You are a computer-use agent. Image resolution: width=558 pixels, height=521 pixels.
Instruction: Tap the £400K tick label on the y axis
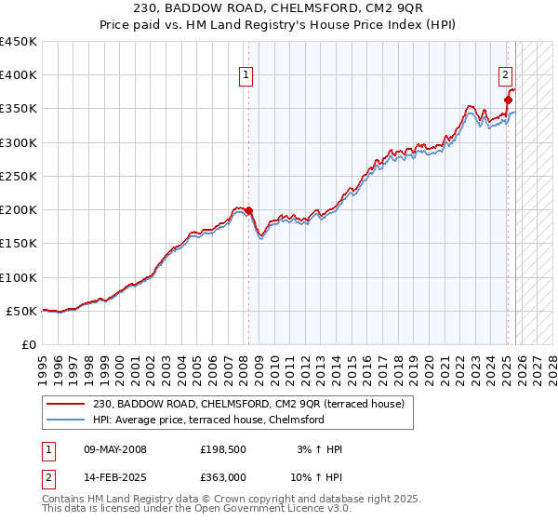pos(19,75)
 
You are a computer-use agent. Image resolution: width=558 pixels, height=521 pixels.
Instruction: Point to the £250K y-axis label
pos(19,176)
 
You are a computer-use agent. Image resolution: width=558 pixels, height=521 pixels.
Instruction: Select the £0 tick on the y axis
pos(29,344)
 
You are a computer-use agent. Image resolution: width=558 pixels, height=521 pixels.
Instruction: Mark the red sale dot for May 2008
pos(248,210)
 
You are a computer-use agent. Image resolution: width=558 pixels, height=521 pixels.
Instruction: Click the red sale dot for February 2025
pos(508,100)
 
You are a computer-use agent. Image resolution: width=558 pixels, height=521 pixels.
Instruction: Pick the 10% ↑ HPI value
pos(315,477)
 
